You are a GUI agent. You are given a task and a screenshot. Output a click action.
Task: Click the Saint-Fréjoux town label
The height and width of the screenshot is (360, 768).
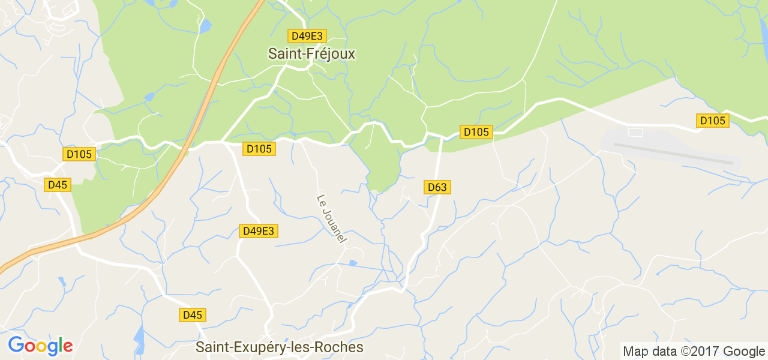(311, 54)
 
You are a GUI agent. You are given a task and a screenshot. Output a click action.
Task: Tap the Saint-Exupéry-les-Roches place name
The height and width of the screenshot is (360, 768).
(280, 347)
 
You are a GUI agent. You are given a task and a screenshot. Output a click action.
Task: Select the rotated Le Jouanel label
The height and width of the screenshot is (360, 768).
(331, 218)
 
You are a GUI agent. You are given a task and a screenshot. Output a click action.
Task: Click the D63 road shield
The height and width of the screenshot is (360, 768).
(437, 187)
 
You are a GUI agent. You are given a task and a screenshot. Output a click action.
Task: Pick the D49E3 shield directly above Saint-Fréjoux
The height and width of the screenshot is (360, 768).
(305, 35)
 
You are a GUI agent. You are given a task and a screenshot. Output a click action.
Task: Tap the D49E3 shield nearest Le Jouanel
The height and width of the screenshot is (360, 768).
(259, 231)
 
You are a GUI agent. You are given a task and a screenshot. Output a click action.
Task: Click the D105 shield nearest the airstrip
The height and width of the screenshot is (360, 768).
(713, 121)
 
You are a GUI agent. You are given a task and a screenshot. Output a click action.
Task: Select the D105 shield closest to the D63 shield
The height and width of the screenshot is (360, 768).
(476, 131)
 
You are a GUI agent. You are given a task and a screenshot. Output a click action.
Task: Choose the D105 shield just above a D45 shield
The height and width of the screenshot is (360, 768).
(79, 154)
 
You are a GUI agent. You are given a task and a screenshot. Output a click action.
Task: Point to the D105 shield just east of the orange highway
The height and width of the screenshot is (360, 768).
(259, 148)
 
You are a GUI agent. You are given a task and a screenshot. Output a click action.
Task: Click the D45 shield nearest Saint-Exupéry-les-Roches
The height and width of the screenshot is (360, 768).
(192, 314)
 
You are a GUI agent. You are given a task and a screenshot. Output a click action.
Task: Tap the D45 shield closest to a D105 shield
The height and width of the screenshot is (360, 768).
(58, 185)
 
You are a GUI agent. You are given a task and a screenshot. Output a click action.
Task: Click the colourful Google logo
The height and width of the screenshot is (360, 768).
(40, 346)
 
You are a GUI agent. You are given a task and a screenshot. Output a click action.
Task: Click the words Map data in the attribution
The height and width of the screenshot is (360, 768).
(647, 352)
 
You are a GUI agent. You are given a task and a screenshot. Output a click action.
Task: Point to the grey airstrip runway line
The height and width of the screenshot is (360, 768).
(672, 152)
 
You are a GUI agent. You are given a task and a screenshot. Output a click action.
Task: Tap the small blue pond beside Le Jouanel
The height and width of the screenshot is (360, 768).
(353, 263)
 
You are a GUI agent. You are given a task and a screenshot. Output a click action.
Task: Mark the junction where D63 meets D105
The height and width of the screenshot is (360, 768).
(442, 137)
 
